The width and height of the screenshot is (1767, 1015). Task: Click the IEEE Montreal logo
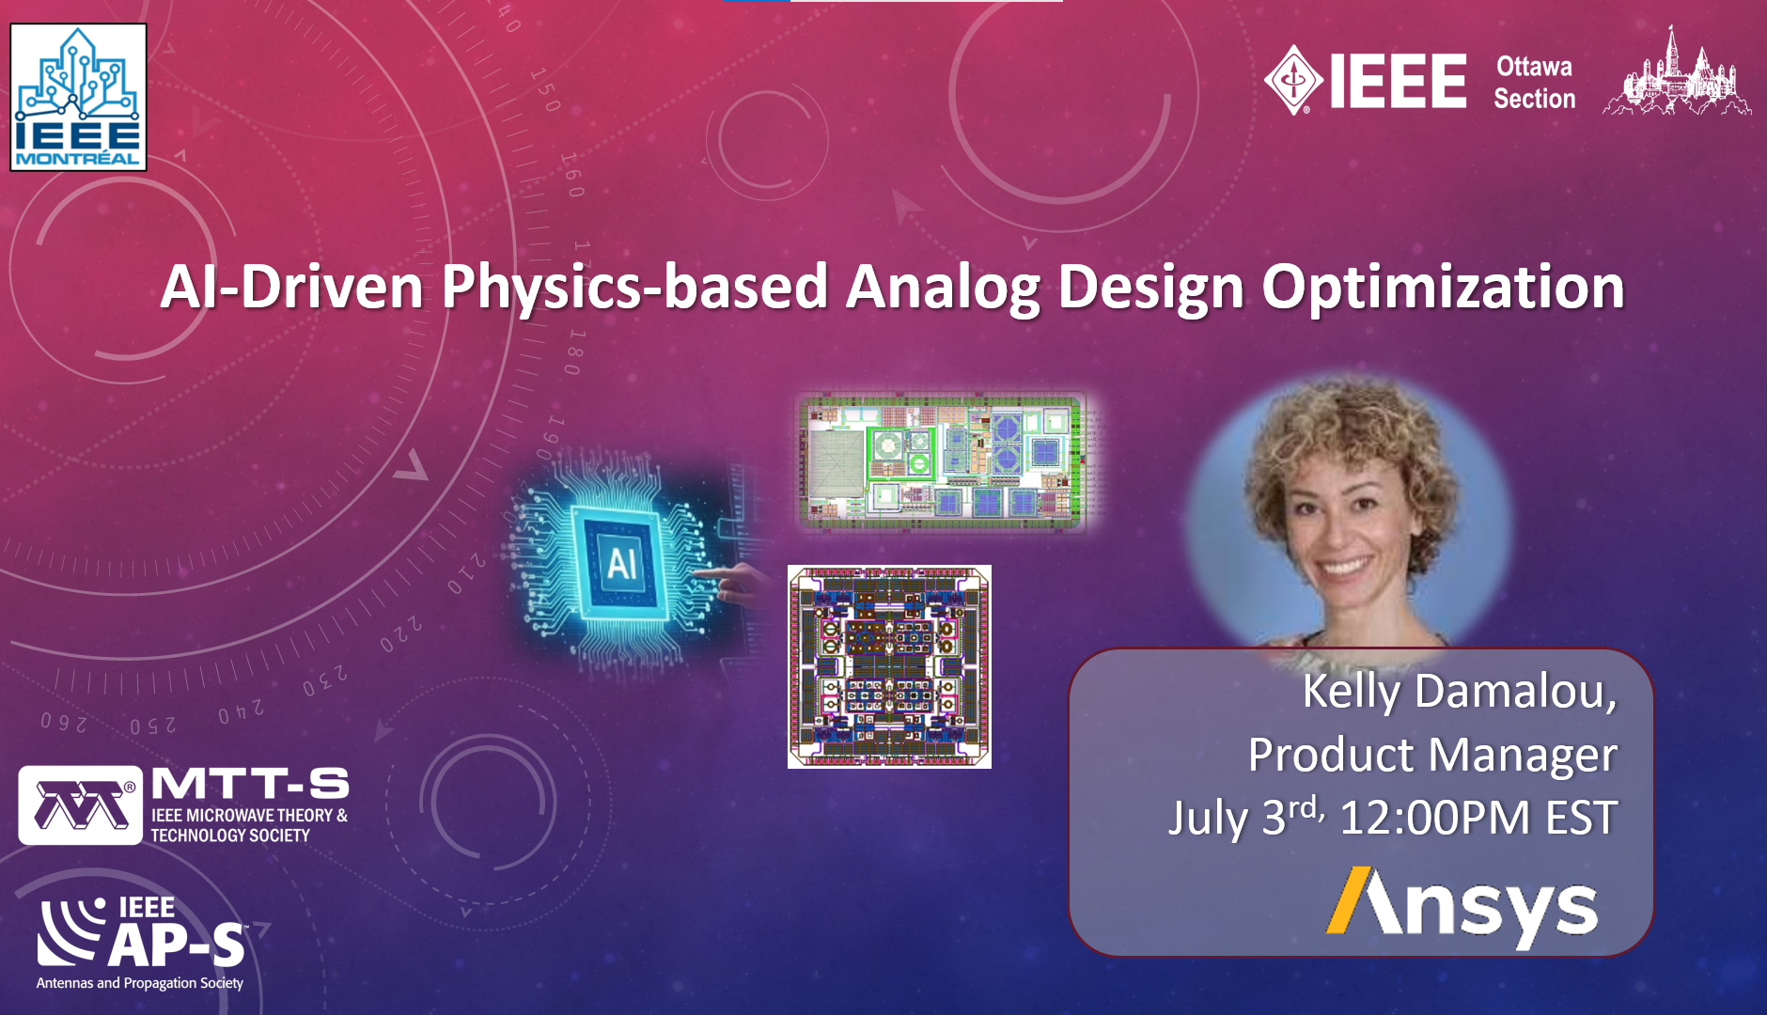point(78,97)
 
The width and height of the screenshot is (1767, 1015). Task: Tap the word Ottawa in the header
point(1534,67)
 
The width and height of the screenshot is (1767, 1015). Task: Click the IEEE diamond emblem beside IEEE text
point(1295,81)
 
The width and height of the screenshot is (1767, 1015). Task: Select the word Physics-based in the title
point(634,288)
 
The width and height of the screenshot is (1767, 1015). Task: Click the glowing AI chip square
point(621,563)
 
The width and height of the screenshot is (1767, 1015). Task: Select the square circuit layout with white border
point(889,666)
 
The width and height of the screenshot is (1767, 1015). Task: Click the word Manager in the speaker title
point(1525,757)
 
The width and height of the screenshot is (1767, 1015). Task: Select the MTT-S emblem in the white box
point(81,805)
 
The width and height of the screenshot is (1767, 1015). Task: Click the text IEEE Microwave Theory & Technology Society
point(249,825)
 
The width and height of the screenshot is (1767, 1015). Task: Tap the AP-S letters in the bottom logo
point(177,945)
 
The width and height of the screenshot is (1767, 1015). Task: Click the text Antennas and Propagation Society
point(140,983)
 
